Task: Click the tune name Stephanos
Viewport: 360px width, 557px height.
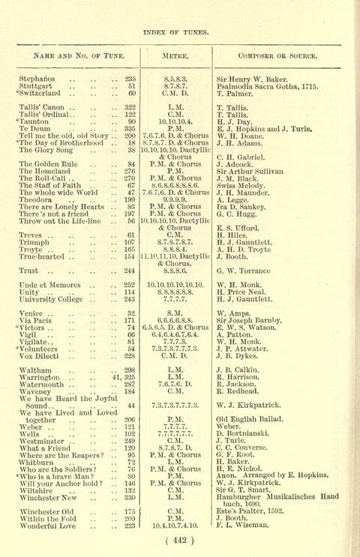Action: (37, 78)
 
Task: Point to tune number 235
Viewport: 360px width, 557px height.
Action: (130, 78)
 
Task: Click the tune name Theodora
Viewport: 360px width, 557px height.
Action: (38, 200)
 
